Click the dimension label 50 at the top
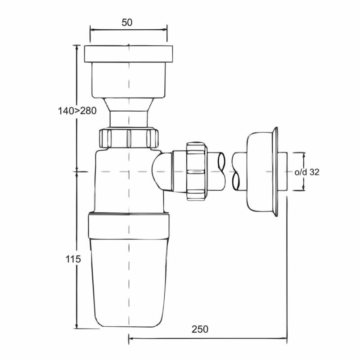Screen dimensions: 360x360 127,22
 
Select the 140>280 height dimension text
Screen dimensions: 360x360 77,111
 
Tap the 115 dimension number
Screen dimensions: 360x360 73,259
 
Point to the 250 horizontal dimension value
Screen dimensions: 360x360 200,329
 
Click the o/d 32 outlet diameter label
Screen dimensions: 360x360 307,172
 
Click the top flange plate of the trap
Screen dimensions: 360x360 128,54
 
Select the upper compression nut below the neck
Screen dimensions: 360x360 129,138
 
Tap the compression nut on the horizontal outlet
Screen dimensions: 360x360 197,171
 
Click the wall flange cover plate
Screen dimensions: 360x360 262,171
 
